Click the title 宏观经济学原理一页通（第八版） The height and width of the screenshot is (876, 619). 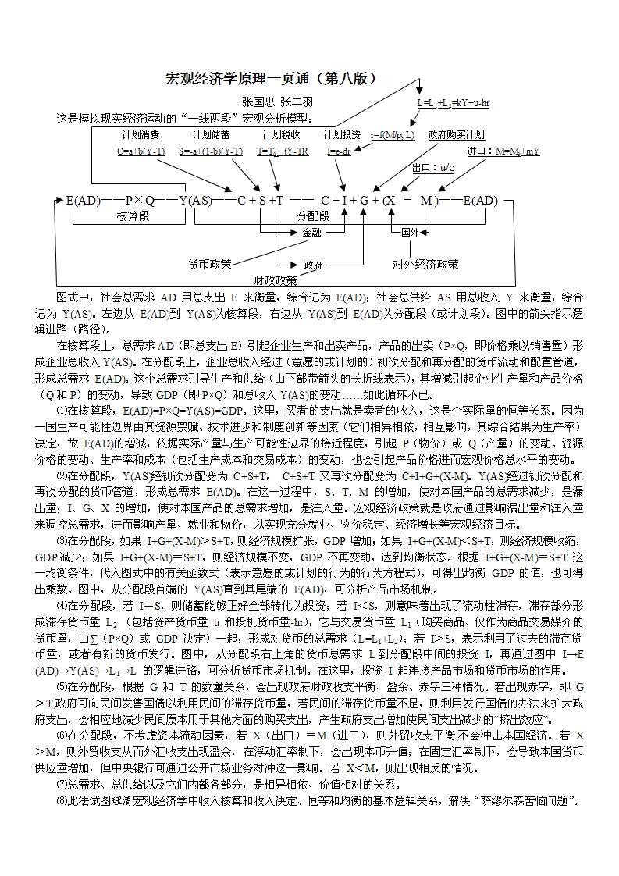272,78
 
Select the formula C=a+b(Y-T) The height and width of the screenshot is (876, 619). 141,151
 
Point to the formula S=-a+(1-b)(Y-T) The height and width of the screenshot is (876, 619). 210,151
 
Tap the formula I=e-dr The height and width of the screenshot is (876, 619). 338,151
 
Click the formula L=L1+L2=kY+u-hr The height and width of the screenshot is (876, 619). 453,102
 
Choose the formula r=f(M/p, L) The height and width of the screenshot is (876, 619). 392,135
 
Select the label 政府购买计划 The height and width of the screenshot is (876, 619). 457,135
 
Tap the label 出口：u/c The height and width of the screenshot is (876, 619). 433,168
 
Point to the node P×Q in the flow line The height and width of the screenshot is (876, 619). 140,201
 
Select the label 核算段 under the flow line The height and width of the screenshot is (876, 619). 133,215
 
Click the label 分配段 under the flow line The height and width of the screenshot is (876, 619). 313,215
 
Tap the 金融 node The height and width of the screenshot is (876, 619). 311,232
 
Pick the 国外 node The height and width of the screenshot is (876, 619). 411,232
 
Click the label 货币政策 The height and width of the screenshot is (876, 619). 209,265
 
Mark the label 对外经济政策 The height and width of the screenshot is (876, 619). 425,265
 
